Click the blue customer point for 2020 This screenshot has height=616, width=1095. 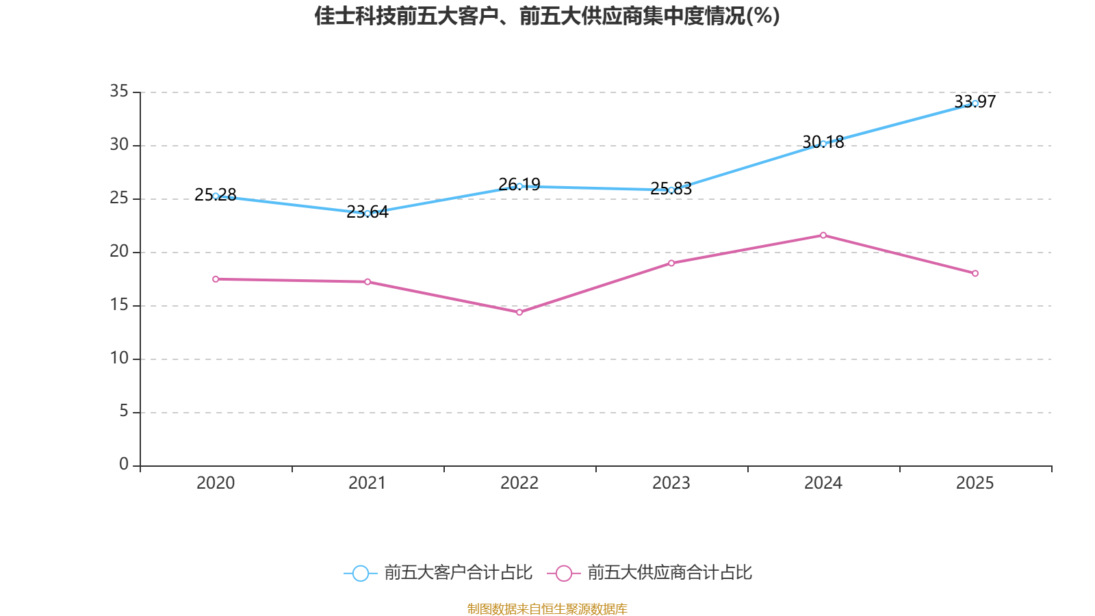coord(216,196)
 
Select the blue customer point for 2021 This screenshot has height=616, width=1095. coord(368,214)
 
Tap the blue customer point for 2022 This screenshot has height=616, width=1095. coord(519,186)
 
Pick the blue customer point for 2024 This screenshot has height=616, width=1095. coord(823,144)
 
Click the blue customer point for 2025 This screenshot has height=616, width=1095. coord(975,103)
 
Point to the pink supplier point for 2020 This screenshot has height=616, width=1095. coord(216,279)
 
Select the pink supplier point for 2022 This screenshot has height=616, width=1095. coord(519,312)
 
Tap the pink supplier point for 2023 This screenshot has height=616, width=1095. coord(671,263)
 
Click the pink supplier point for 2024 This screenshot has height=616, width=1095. coord(823,235)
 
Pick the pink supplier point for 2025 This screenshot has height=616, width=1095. coord(975,274)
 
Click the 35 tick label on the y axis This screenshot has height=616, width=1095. coord(119,91)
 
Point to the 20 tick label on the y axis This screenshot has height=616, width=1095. coord(119,251)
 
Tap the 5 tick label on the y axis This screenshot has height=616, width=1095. coord(124,411)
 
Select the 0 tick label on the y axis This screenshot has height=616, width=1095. coord(124,465)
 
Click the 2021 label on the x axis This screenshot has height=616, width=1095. coord(368,483)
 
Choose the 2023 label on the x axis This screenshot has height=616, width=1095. coord(671,483)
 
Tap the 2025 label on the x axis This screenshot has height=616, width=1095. coord(975,483)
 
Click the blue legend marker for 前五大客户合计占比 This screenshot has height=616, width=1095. coord(360,573)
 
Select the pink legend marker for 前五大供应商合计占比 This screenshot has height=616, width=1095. coord(563,573)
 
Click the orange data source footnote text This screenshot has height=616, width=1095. coord(547,608)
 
